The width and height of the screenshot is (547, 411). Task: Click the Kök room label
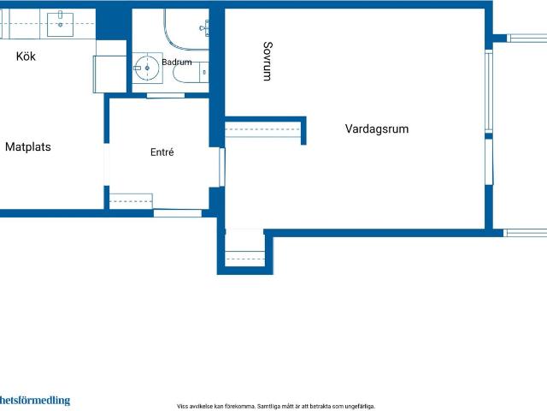pos(26,57)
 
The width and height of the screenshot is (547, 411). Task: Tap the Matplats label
pos(28,146)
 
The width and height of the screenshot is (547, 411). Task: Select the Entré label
pos(162,152)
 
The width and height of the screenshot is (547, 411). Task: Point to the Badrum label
pos(177,63)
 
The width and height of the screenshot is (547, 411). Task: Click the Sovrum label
pos(268,61)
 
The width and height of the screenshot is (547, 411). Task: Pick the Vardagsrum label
pos(377,128)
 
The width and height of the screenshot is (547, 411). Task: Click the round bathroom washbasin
pos(147,68)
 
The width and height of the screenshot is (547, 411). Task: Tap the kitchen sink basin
pos(60,25)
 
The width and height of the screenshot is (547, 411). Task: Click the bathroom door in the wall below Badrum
pos(165,95)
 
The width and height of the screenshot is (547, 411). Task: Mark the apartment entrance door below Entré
pos(178,213)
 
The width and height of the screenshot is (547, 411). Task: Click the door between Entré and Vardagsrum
pos(222,167)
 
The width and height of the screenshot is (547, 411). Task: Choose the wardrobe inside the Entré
pos(131,202)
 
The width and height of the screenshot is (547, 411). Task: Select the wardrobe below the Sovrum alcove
pos(262,129)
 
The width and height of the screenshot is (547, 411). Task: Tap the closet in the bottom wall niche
pos(244,259)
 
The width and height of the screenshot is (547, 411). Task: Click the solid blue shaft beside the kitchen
pos(114,24)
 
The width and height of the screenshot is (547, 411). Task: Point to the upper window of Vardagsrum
pos(489,91)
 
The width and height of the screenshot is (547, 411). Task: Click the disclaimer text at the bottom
pos(276,407)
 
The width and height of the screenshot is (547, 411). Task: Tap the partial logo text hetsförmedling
pos(35,401)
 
